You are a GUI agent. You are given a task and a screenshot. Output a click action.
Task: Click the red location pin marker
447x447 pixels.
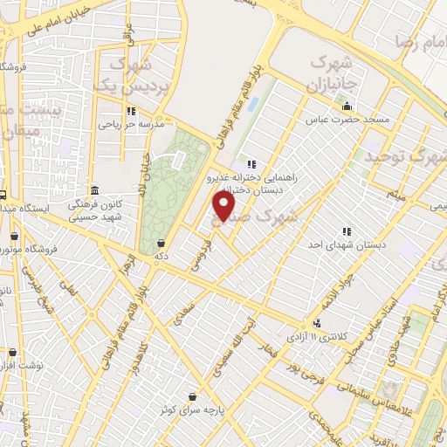tap(224, 206)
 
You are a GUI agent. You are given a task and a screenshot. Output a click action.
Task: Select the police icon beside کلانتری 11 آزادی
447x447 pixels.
tap(317, 323)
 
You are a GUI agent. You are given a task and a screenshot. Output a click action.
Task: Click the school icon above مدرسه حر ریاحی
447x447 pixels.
tap(131, 111)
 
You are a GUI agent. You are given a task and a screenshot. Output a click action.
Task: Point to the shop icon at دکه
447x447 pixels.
tap(160, 244)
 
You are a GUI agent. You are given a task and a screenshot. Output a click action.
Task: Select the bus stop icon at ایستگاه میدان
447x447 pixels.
tap(3, 196)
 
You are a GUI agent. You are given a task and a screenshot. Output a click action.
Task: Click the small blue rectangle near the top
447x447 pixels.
tap(253, 104)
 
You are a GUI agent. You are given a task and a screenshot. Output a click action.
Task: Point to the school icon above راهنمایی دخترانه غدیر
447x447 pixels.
tap(251, 163)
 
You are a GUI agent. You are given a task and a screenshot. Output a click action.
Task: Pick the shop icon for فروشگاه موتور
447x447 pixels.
tap(13, 236)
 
